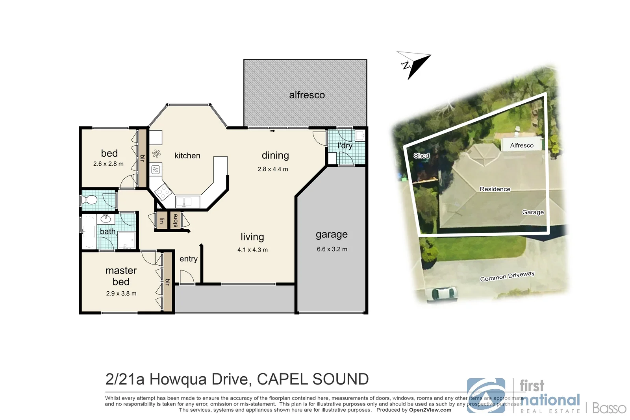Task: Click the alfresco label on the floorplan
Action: (307, 95)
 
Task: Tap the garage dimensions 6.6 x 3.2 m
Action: (332, 249)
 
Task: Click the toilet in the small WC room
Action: (90, 200)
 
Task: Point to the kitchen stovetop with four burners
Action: (162, 192)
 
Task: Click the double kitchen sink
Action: (184, 202)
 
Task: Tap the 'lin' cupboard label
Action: (161, 221)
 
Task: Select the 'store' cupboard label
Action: (175, 221)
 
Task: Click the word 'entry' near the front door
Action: (189, 259)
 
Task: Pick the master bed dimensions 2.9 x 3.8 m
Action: (121, 293)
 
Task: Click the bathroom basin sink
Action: (106, 218)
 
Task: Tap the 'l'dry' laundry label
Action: (345, 146)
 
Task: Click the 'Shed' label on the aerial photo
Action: (421, 155)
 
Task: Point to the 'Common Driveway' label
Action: (507, 276)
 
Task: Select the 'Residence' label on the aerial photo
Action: (495, 189)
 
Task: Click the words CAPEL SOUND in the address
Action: (313, 379)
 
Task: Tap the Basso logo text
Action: (609, 408)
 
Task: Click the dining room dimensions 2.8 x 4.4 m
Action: (273, 169)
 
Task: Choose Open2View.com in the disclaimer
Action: (430, 410)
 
